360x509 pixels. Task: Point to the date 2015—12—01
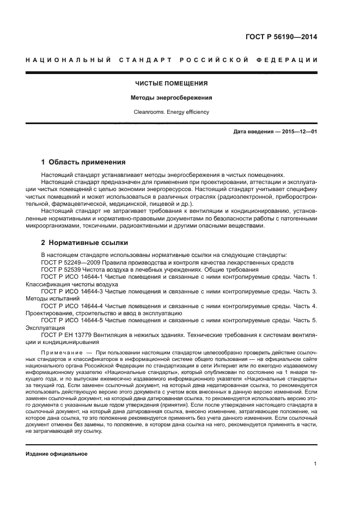coord(299,132)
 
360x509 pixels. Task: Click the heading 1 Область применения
coord(83,162)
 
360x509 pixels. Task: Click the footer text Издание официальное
coord(57,453)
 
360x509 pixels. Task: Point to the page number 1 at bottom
coord(315,464)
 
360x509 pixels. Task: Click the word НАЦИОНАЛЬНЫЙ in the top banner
coord(68,59)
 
